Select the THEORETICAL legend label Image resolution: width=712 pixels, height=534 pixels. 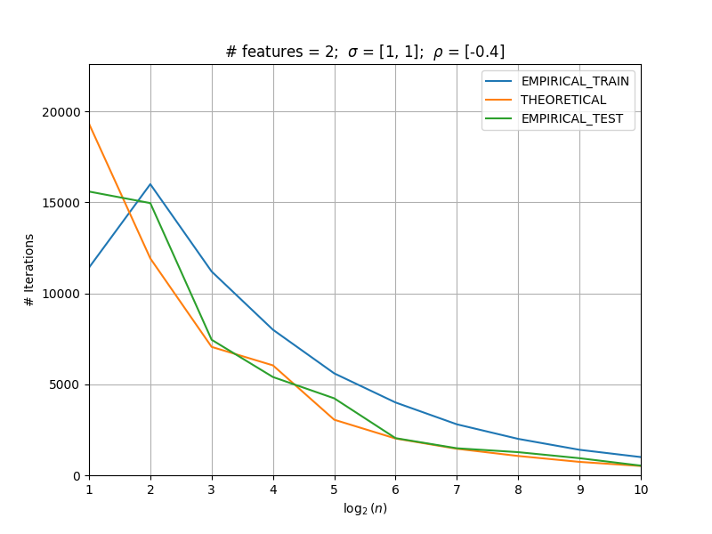pos(563,100)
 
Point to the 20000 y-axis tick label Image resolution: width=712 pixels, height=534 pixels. pos(61,112)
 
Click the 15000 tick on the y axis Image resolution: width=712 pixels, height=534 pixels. pos(61,203)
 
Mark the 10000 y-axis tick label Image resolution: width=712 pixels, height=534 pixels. pos(61,295)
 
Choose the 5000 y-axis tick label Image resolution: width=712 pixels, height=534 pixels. pos(64,385)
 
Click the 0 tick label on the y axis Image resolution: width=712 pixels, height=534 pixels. pos(77,476)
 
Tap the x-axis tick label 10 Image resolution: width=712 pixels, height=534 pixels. pos(641,489)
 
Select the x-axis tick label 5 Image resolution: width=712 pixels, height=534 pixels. pos(335,489)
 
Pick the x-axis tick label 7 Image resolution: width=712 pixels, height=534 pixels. pos(457,489)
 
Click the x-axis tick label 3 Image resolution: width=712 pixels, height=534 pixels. pos(212,489)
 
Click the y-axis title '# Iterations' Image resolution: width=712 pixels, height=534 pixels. pos(29,271)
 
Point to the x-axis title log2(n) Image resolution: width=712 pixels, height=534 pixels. pos(365,508)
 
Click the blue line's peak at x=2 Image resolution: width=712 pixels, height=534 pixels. pos(150,184)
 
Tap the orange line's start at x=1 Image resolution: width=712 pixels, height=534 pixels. pos(90,124)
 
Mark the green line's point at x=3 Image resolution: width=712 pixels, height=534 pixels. pos(212,340)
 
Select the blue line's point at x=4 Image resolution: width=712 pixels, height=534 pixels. pos(273,329)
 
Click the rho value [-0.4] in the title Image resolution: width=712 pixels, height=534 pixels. pos(484,52)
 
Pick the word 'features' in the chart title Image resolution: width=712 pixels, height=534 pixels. pos(272,52)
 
